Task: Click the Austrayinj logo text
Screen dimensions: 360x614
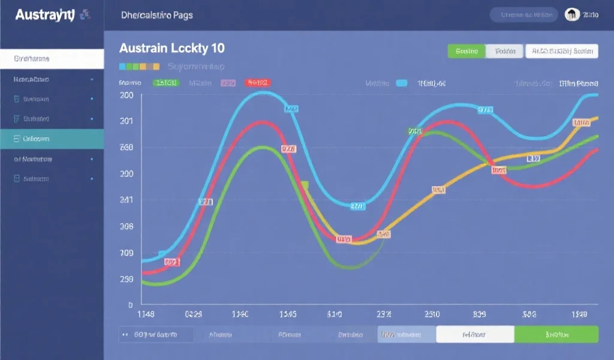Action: [43, 14]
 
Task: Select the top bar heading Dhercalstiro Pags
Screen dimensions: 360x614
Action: [156, 15]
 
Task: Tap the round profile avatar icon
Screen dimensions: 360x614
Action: [571, 15]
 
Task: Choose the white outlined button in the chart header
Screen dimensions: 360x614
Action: [561, 52]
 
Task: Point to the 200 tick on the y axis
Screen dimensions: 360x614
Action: [127, 95]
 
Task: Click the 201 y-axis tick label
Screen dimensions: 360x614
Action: [127, 121]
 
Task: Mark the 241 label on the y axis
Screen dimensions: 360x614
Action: [127, 200]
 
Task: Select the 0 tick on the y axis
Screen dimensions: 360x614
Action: [131, 305]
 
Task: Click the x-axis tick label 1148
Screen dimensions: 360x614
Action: [146, 314]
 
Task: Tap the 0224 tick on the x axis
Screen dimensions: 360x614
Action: [193, 314]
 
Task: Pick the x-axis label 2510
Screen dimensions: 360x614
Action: [432, 314]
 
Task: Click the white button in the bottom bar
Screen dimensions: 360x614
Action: [475, 334]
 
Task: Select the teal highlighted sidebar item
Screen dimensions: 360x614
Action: [52, 139]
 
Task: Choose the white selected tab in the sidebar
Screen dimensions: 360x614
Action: [52, 59]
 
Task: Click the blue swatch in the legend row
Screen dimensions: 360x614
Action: [401, 83]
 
